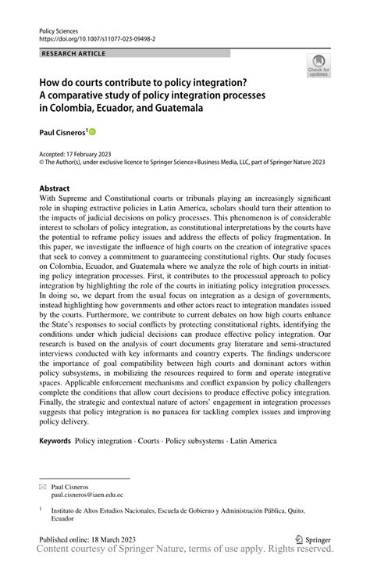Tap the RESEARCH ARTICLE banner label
click(x=74, y=54)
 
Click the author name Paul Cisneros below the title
click(x=62, y=134)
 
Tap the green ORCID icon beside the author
click(x=92, y=134)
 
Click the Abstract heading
click(x=54, y=188)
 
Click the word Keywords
click(x=54, y=441)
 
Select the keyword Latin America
click(x=249, y=441)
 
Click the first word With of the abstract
click(x=48, y=199)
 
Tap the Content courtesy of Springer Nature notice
click(x=185, y=552)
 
